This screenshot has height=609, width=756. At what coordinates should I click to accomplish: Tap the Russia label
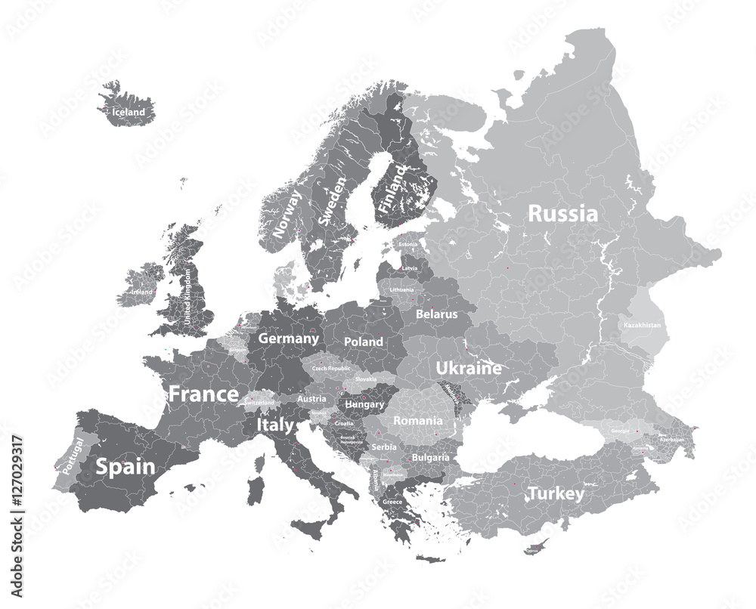coord(562,214)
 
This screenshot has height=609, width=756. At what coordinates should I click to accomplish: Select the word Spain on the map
coord(125,467)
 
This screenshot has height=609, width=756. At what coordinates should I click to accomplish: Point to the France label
coord(203,394)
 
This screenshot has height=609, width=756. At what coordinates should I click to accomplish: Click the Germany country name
coord(288,339)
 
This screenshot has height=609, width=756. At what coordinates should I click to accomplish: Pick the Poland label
coord(364,342)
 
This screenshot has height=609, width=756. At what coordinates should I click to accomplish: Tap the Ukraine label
coord(468,369)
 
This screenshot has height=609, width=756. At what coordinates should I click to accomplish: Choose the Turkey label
coord(556,494)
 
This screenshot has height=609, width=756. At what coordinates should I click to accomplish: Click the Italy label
coord(275,426)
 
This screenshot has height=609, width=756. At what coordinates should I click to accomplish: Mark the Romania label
coord(418,420)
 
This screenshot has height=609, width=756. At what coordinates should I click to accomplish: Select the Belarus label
coord(437,313)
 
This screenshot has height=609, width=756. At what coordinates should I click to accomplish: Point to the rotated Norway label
coord(287,214)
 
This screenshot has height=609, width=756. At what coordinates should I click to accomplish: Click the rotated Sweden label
coord(332,202)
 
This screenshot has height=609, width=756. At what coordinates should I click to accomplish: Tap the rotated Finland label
coord(393,189)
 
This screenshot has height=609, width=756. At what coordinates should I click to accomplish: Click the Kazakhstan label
coord(642,325)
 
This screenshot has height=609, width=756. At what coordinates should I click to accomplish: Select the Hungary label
coord(364,404)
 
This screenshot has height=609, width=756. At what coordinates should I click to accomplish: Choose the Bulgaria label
coord(430,457)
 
